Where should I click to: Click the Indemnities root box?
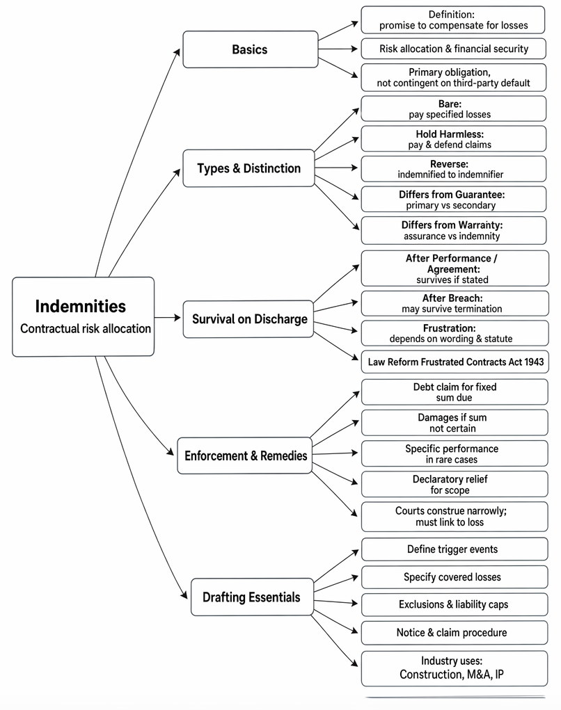click(x=83, y=316)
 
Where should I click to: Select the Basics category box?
click(x=250, y=49)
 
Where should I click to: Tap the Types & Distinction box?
click(x=248, y=168)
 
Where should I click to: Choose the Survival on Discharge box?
click(x=248, y=318)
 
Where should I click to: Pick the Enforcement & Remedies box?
click(x=245, y=455)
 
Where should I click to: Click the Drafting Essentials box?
click(x=252, y=597)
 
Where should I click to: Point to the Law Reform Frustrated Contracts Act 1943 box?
click(x=455, y=362)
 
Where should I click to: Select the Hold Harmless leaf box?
click(x=454, y=138)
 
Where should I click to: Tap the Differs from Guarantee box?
click(x=454, y=200)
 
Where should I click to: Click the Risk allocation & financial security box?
click(x=454, y=49)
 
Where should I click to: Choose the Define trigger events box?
click(x=455, y=549)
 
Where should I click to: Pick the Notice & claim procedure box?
click(x=455, y=633)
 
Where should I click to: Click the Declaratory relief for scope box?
click(x=455, y=484)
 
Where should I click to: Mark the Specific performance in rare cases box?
click(x=455, y=453)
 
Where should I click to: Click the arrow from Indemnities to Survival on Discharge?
click(x=168, y=317)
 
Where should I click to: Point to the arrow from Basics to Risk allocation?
click(x=338, y=49)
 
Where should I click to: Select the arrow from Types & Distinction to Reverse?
click(x=336, y=168)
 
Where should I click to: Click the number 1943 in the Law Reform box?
click(x=535, y=362)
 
